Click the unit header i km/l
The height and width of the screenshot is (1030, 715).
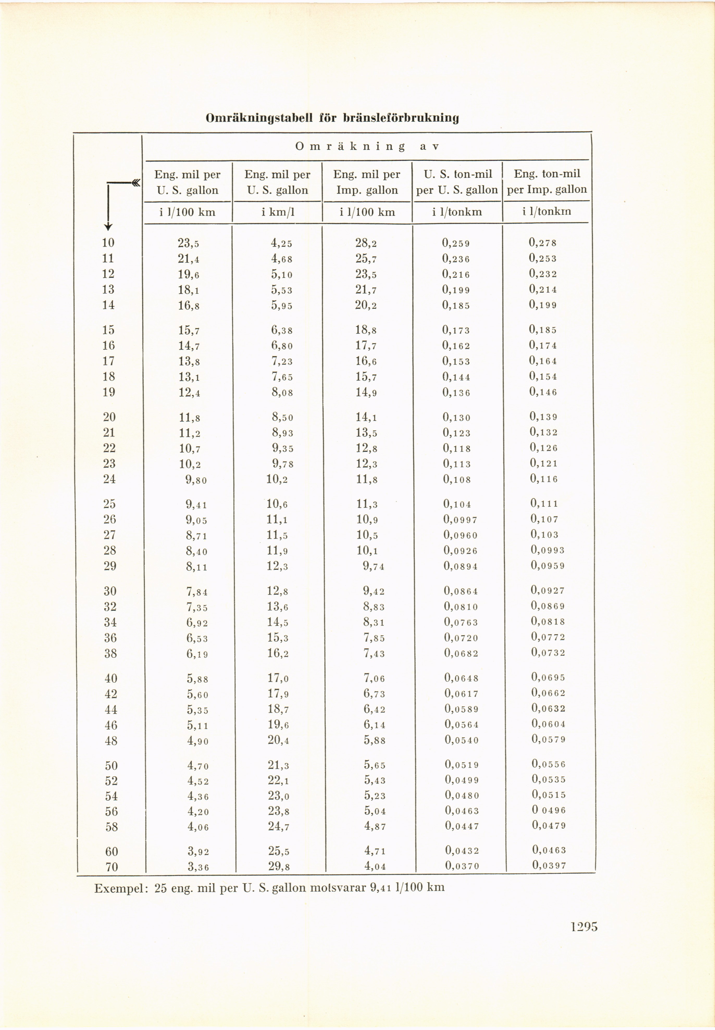click(x=278, y=212)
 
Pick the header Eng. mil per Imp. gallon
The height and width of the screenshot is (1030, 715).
click(x=367, y=182)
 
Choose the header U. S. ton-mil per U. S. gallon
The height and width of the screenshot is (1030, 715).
click(x=457, y=182)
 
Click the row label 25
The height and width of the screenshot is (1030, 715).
click(x=109, y=504)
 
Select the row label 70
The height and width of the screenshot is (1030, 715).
click(x=111, y=867)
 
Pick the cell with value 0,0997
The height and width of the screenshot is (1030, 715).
click(x=461, y=520)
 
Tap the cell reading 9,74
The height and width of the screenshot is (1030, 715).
click(x=374, y=566)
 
